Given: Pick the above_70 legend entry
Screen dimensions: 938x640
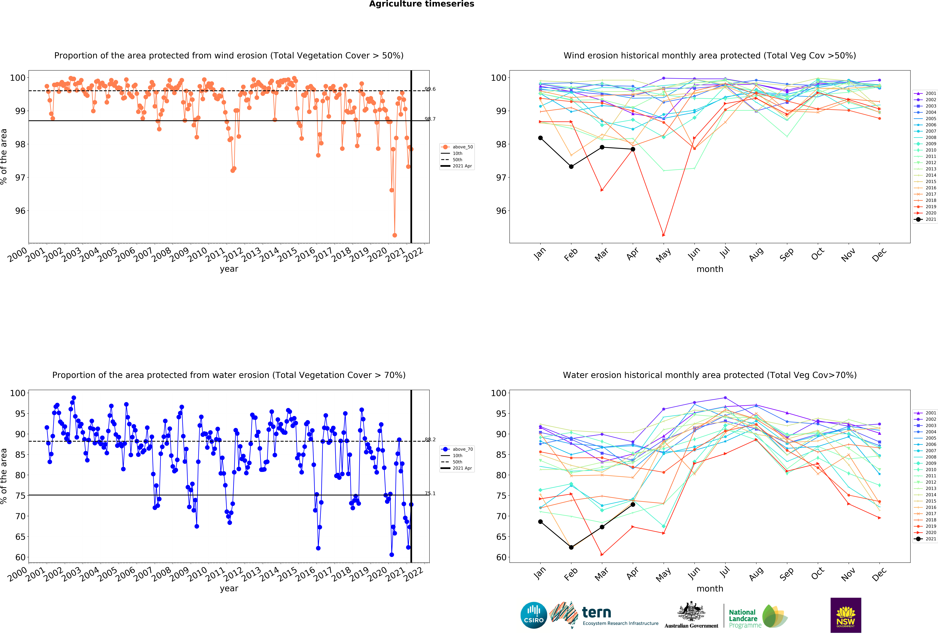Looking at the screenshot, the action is pyautogui.click(x=457, y=449).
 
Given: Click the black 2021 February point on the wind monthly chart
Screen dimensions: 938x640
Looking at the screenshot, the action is pyautogui.click(x=571, y=166).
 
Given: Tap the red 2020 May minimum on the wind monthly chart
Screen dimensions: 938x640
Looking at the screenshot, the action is pyautogui.click(x=663, y=235).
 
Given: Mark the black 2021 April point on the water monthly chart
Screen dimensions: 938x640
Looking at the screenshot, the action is pyautogui.click(x=633, y=505).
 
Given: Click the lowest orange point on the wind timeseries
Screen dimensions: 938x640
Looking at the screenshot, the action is pyautogui.click(x=395, y=235).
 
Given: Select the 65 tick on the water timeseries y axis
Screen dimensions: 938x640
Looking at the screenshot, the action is pyautogui.click(x=20, y=537).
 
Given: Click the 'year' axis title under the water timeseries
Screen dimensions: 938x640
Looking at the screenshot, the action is pyautogui.click(x=229, y=589).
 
